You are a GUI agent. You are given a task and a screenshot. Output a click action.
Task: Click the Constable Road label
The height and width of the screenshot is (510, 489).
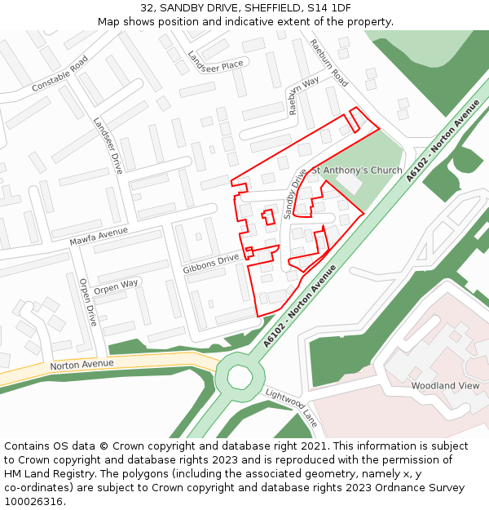tap(59, 74)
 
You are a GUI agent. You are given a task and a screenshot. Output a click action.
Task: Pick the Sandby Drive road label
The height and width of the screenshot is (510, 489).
tap(295, 193)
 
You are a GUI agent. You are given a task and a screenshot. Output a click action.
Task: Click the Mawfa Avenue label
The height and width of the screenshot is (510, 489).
tap(99, 237)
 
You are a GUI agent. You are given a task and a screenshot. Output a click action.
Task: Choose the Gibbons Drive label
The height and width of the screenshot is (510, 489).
tap(211, 263)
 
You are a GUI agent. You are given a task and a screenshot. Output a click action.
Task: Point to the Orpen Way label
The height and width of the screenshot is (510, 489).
tap(116, 287)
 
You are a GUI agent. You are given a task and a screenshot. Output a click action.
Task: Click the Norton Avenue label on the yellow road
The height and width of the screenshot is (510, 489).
tap(81, 365)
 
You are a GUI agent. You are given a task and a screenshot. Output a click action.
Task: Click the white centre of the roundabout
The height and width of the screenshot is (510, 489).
tap(240, 377)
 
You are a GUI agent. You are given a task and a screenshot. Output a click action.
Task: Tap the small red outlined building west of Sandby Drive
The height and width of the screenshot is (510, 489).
tap(267, 216)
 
